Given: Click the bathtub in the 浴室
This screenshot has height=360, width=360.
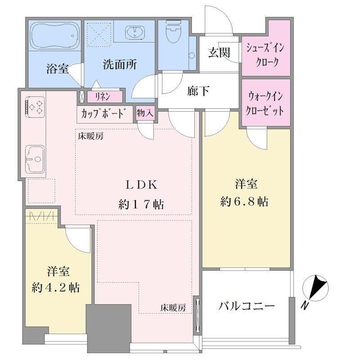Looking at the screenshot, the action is pyautogui.click(x=55, y=36).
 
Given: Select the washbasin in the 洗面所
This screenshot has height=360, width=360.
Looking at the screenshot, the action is pyautogui.click(x=135, y=32).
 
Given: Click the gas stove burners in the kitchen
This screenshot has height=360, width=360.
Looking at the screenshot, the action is pyautogui.click(x=35, y=107).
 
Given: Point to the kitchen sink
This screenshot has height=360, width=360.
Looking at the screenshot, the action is pyautogui.click(x=35, y=158).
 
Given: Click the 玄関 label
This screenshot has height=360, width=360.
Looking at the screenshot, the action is pyautogui.click(x=219, y=53).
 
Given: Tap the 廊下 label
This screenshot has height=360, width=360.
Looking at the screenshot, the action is pyautogui.click(x=198, y=91).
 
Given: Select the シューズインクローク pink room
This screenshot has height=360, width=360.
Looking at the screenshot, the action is pyautogui.click(x=266, y=48).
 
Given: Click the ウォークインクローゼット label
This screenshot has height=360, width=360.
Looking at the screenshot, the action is pyautogui.click(x=265, y=103).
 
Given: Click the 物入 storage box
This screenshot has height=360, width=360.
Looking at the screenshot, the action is pyautogui.click(x=145, y=113).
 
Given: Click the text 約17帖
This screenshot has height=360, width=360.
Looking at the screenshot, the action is pyautogui.click(x=141, y=204).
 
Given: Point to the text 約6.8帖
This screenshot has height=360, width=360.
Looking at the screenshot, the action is pyautogui.click(x=244, y=201).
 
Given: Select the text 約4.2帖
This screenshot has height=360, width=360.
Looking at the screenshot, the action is pyautogui.click(x=55, y=287).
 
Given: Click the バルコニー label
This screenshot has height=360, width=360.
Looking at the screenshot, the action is pyautogui.click(x=246, y=306).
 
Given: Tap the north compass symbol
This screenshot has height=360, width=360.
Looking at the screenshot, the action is pyautogui.click(x=315, y=288).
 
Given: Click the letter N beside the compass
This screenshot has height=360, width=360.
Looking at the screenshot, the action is pyautogui.click(x=305, y=306).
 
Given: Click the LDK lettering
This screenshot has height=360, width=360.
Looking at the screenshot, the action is pyautogui.click(x=141, y=185).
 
